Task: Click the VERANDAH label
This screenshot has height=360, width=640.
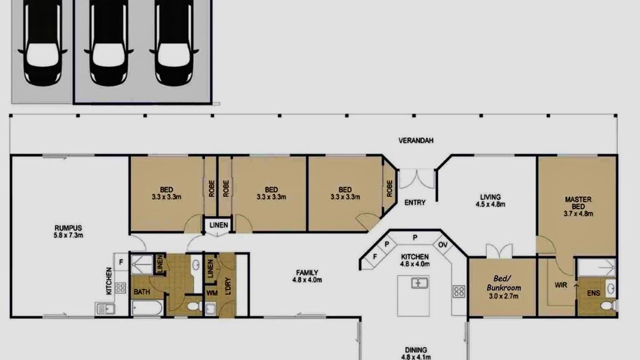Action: (415, 140)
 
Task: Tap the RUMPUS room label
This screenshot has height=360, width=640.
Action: (68, 228)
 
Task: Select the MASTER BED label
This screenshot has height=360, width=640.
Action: (578, 203)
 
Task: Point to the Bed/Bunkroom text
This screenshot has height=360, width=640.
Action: (503, 283)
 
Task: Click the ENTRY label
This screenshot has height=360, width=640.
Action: (415, 202)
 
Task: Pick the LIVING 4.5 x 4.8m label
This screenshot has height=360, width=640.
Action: (490, 200)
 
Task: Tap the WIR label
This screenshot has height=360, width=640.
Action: (560, 285)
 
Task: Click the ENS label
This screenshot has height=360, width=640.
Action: (593, 293)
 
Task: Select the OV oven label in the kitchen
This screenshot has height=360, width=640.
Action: (442, 245)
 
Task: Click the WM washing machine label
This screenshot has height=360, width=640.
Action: (211, 293)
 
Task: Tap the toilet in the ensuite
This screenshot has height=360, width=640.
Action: (608, 305)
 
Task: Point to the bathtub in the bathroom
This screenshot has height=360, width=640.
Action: (147, 308)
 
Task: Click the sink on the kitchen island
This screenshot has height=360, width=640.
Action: (419, 283)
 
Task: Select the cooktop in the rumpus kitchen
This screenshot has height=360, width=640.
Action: (120, 288)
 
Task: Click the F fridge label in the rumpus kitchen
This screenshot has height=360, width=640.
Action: (121, 262)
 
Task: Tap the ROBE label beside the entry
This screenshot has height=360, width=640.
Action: (389, 188)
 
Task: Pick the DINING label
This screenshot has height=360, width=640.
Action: (415, 349)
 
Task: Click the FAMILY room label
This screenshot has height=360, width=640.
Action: (307, 273)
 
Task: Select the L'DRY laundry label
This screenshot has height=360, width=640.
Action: (227, 286)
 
